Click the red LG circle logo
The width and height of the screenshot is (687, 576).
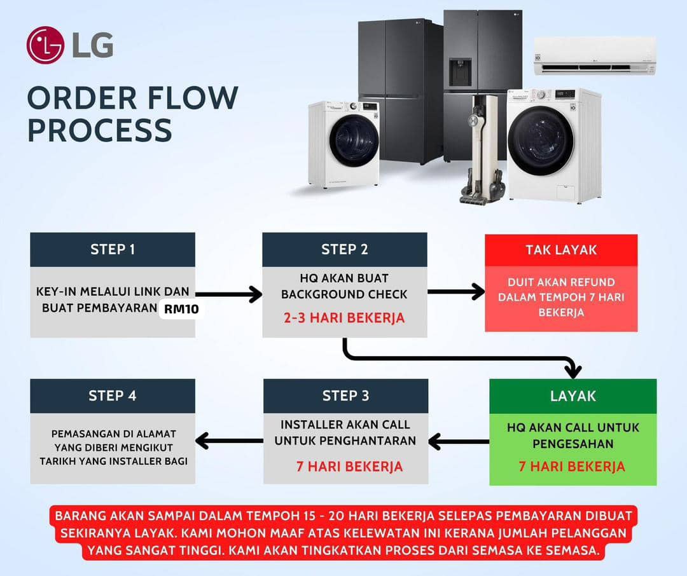click(x=45, y=45)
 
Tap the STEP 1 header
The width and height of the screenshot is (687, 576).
click(x=113, y=249)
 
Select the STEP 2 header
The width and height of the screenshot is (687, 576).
click(x=344, y=249)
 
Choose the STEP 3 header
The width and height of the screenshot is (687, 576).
click(x=345, y=395)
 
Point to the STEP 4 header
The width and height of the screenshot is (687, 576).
click(x=113, y=395)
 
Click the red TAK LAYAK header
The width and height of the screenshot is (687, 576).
click(x=561, y=250)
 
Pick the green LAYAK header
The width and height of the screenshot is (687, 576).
click(x=572, y=395)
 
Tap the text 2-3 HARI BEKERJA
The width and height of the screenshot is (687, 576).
click(x=344, y=318)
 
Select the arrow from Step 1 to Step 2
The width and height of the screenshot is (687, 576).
click(x=229, y=294)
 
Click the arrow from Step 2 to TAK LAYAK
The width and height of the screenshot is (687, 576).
click(x=455, y=292)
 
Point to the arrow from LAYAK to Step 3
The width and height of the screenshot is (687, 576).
click(x=458, y=441)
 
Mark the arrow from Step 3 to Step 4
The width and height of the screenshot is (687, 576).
click(x=229, y=440)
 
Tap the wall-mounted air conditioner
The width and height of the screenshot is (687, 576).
click(x=594, y=55)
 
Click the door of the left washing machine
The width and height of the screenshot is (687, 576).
click(x=353, y=141)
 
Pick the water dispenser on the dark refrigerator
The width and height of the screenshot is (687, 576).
click(x=460, y=72)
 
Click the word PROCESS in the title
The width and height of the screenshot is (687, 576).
click(x=100, y=129)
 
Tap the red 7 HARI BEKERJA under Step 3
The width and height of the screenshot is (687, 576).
click(x=349, y=466)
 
